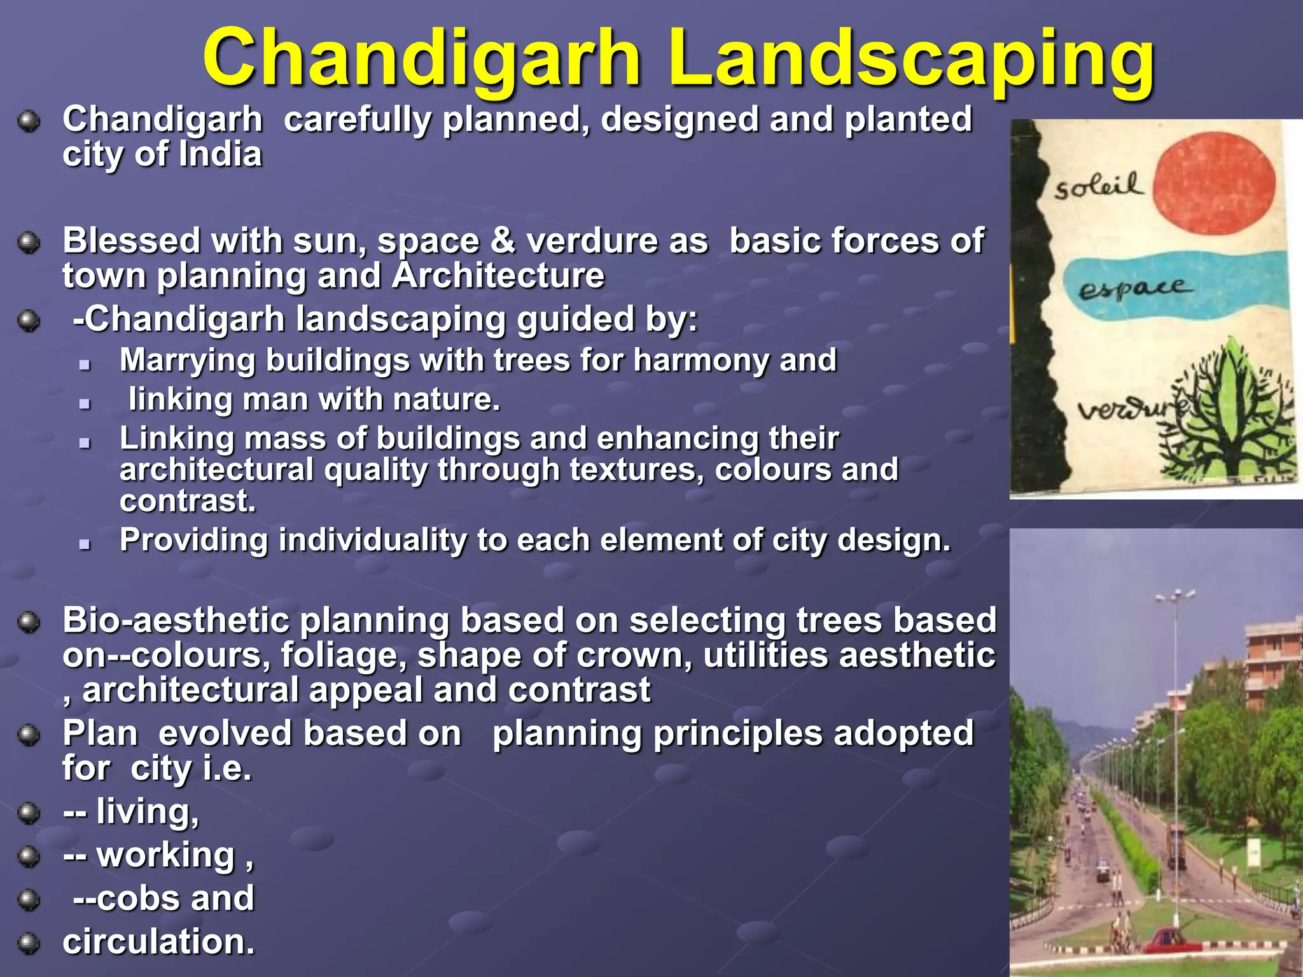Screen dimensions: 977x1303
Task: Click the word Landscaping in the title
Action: point(911,59)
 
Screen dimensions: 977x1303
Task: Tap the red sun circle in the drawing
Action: point(1214,184)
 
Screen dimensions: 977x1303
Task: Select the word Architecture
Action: point(498,276)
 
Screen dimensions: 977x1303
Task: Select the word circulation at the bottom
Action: point(158,942)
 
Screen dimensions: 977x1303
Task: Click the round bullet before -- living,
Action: point(29,813)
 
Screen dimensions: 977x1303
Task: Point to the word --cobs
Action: point(127,898)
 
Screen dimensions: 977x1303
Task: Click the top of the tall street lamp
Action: point(1174,595)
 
